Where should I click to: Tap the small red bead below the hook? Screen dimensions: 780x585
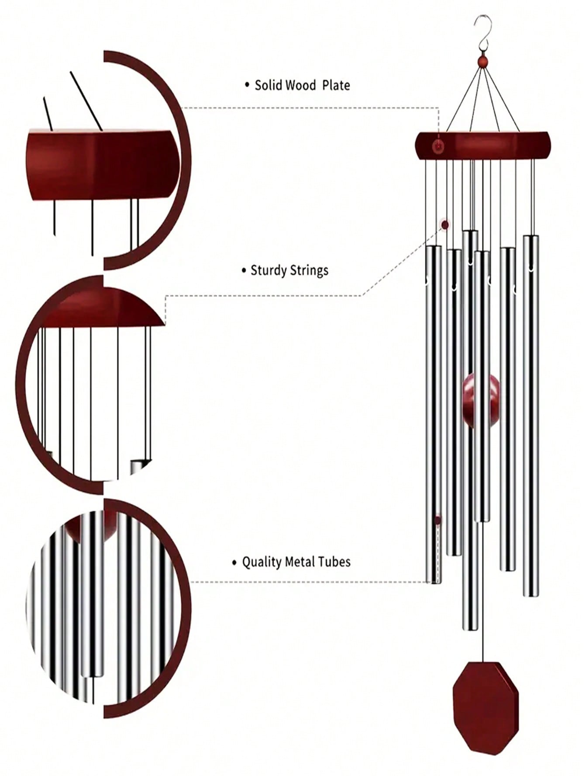pos(482,62)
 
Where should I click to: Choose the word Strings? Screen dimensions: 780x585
pos(308,270)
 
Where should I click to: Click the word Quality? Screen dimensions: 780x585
pos(262,562)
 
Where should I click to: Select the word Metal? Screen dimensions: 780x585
pos(299,562)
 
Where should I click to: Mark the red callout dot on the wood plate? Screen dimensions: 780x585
pos(438,146)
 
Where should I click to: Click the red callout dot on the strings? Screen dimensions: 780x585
pos(445,225)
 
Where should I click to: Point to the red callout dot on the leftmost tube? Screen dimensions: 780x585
pos(437,520)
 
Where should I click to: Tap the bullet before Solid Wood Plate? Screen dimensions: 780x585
pos(247,85)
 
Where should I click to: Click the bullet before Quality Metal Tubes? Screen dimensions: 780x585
pos(234,562)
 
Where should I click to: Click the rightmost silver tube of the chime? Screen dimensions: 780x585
pos(530,415)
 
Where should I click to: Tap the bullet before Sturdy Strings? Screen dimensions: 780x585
pos(244,271)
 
